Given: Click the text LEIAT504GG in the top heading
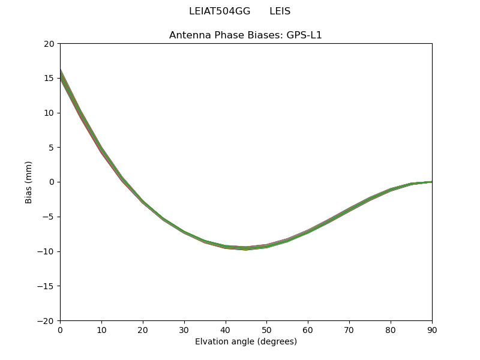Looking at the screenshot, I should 219,11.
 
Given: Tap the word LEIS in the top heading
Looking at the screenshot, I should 280,11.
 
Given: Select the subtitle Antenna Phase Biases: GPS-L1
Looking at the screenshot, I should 245,35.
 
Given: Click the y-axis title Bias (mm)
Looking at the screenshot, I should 29,182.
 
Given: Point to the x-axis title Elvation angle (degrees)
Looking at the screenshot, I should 245,342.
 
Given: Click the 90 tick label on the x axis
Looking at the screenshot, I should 432,330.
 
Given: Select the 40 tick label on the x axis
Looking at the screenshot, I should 225,330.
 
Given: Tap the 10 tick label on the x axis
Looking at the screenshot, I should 101,330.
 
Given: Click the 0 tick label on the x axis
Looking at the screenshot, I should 60,330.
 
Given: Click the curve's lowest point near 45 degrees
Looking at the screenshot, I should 246,248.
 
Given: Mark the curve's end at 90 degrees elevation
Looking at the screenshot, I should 431,182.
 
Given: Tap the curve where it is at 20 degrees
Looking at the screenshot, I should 143,202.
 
